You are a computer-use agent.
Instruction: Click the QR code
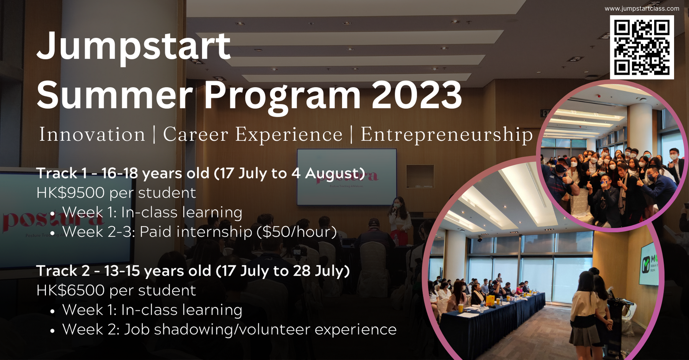point(642,47)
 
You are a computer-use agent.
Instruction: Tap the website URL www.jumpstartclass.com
point(642,8)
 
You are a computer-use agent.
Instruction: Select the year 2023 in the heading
point(417,95)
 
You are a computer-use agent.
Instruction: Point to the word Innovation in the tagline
point(92,134)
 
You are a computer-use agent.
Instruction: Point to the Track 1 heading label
point(62,173)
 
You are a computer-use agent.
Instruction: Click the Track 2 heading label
point(63,271)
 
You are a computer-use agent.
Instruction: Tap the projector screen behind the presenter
point(347,177)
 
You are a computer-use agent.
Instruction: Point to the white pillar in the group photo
point(639,130)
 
